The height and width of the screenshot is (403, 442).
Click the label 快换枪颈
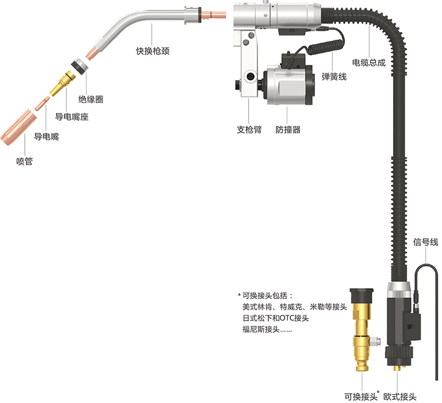[x=153, y=50]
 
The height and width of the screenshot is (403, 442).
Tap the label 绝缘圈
[x=91, y=99]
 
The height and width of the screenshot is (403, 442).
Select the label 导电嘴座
[x=72, y=116]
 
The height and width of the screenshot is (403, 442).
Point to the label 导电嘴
[x=46, y=137]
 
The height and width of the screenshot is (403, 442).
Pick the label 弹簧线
[x=334, y=77]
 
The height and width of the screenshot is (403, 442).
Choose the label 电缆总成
[x=369, y=62]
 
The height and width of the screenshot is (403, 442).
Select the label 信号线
[x=425, y=242]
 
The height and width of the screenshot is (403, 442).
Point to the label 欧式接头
[x=400, y=396]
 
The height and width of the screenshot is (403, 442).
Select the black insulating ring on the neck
[x=77, y=65]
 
